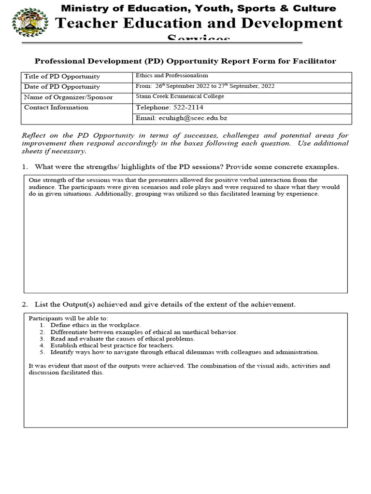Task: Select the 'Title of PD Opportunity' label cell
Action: (x=62, y=76)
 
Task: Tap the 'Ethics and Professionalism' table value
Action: (x=171, y=76)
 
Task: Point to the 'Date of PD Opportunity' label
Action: (x=62, y=87)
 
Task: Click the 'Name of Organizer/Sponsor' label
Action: (x=68, y=97)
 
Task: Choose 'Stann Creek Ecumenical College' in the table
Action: (x=180, y=96)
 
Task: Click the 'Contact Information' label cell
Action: (x=56, y=108)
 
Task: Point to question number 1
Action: (x=25, y=167)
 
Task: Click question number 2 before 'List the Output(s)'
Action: (x=25, y=304)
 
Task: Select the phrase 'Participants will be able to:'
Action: (x=69, y=318)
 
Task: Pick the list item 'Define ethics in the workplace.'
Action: (x=95, y=325)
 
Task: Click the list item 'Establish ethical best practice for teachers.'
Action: (x=112, y=345)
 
